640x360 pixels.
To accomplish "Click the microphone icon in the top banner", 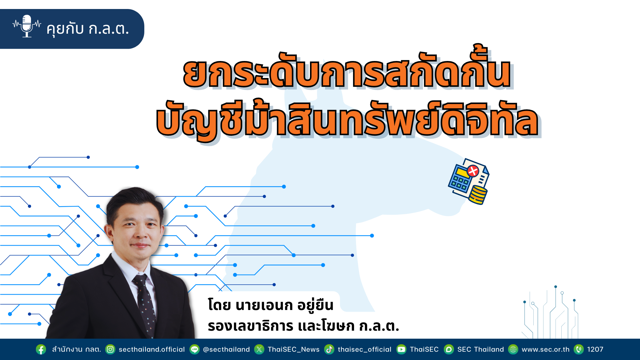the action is point(27,26).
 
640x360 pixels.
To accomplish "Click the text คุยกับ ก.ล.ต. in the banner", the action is point(88,29).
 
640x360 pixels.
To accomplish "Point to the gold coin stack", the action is point(478,195).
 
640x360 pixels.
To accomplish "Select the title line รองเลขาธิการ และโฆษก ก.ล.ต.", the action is point(303,326).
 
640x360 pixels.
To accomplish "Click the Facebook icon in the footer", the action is point(41,349).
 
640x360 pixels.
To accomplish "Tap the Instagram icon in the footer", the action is point(110,349).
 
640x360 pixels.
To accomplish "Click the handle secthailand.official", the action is point(152,349).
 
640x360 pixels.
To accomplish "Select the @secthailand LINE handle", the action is point(226,349).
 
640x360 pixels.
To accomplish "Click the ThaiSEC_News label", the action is point(294,349).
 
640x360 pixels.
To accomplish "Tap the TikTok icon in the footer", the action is point(329,349).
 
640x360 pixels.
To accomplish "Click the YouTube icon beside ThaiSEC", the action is point(401,349).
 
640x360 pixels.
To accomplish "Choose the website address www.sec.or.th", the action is point(546,349).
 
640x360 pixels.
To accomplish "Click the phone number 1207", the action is point(595,349).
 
